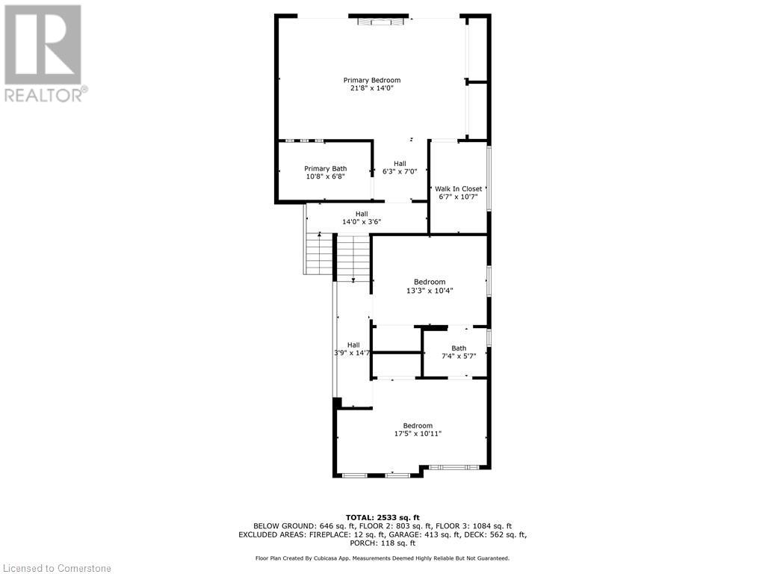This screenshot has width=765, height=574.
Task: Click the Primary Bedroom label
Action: tap(371, 80)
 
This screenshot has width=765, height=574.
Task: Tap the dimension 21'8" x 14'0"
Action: tap(371, 88)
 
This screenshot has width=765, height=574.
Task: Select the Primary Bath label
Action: tap(325, 169)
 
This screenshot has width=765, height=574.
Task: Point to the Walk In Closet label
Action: tap(459, 189)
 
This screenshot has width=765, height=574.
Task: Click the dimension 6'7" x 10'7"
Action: tap(459, 197)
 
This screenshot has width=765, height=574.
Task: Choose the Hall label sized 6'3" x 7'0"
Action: tap(400, 164)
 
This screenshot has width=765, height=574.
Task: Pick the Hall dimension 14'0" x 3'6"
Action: tap(361, 222)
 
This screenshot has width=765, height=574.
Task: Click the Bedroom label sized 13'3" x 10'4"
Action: tap(430, 282)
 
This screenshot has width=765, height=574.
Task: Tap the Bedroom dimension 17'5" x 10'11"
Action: tap(418, 434)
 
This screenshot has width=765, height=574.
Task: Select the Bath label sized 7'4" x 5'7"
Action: tap(458, 348)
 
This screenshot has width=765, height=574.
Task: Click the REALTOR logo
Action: tap(43, 52)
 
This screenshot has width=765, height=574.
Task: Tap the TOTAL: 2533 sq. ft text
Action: tap(382, 517)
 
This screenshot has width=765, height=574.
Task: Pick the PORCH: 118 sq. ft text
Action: tap(382, 543)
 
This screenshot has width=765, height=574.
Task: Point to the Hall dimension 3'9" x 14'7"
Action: tap(353, 353)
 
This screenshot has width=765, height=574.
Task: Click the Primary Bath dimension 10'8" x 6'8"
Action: tap(325, 177)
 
